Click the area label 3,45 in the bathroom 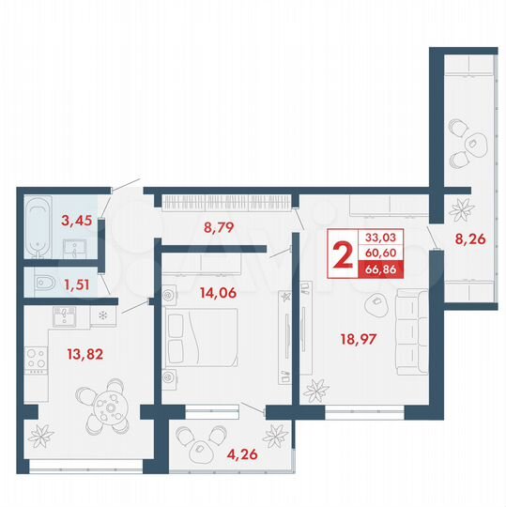pyautogui.click(x=76, y=222)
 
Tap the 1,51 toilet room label pyautogui.click(x=77, y=280)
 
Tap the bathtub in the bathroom pyautogui.click(x=37, y=225)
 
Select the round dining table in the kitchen pyautogui.click(x=111, y=410)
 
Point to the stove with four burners pyautogui.click(x=35, y=360)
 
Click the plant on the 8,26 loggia pyautogui.click(x=462, y=207)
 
